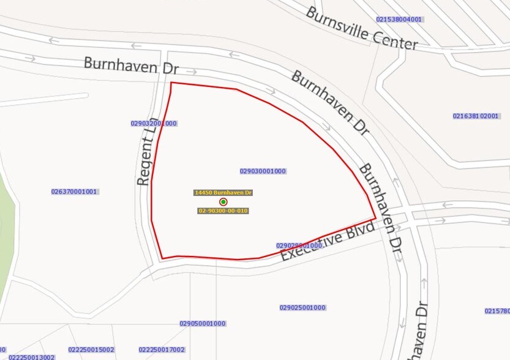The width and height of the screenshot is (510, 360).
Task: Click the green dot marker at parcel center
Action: pos(223,201)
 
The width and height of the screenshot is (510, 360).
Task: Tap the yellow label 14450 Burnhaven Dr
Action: pos(223,192)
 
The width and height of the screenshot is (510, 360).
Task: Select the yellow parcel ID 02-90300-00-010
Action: pos(223,211)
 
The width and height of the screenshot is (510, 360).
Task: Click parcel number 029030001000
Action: pos(263,171)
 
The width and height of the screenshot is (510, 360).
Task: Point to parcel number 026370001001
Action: pos(75,192)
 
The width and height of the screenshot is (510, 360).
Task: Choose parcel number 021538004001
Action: pos(399,20)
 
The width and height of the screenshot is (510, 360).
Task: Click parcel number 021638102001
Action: pos(476,116)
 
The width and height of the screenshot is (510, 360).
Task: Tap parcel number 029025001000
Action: pos(302,307)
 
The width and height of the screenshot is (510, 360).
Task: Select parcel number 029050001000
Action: pos(203,323)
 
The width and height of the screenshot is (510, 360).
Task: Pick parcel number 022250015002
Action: pos(91,350)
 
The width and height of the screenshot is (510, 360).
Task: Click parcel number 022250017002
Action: pos(162,350)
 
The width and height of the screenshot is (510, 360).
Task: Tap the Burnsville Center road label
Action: pos(362,28)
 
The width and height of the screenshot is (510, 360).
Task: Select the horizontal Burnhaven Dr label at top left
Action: pos(131,66)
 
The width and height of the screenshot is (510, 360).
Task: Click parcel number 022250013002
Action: pos(32,357)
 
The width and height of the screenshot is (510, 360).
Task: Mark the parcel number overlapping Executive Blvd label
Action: pos(299,246)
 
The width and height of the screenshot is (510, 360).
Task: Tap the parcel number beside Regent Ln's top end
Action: pos(154,123)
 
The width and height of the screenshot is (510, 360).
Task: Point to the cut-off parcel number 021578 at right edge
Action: pos(497,311)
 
